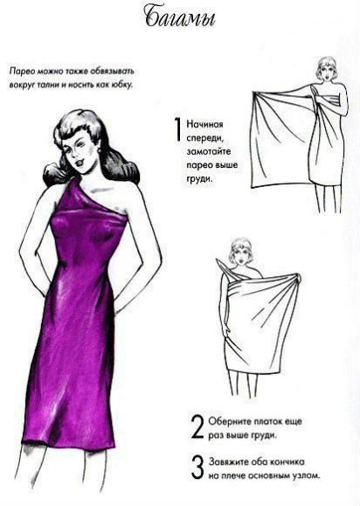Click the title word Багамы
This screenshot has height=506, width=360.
point(181,18)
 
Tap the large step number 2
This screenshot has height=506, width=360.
point(197,426)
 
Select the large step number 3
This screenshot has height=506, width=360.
point(197,467)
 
